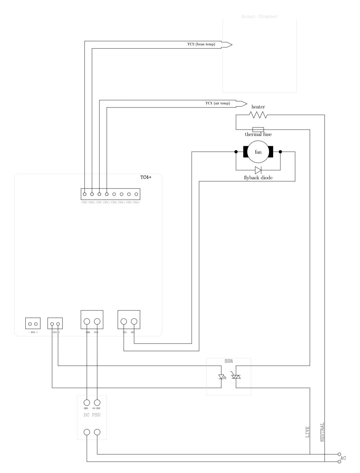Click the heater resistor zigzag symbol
[258, 115]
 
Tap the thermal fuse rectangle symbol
[258, 129]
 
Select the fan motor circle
[258, 152]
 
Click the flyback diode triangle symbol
[258, 170]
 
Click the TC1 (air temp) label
[217, 103]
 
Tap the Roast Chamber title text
[259, 17]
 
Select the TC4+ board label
[146, 177]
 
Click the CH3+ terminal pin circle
[136, 194]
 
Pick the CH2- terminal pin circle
[85, 194]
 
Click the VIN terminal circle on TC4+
[97, 321]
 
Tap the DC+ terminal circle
[124, 321]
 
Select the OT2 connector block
[33, 323]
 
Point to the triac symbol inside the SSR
[236, 376]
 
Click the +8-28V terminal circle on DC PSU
[97, 402]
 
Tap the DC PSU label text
[92, 415]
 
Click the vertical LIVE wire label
[307, 432]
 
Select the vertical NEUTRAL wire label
[322, 432]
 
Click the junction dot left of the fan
[236, 152]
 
